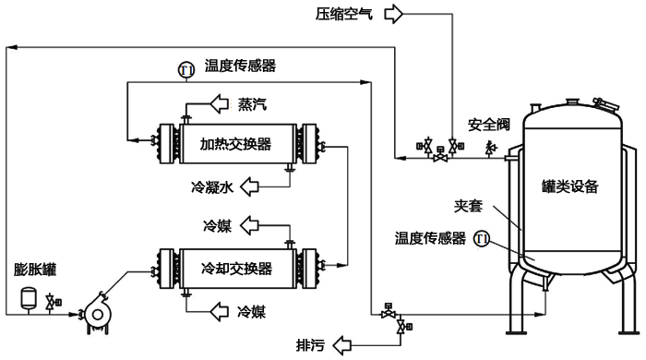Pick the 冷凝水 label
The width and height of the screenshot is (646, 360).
210,187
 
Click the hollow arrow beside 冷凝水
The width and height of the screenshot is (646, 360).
248,187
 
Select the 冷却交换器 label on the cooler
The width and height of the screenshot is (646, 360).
235,269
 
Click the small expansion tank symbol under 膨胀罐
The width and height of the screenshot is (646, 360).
28,298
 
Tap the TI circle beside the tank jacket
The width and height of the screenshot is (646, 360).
481,239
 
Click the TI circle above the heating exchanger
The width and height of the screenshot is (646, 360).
185,67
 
